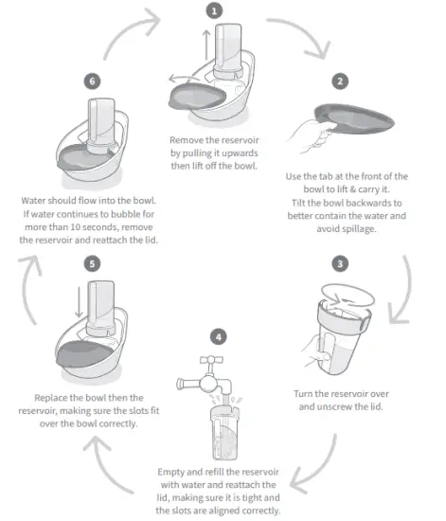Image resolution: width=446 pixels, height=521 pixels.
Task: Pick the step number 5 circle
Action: point(92,263)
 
